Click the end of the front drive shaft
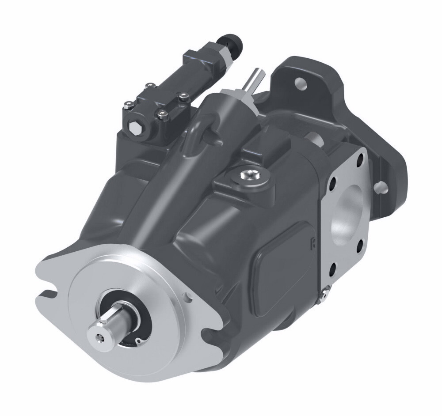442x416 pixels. pos(100,337)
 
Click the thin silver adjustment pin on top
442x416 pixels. pos(255,80)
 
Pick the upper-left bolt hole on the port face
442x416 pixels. pos(332,182)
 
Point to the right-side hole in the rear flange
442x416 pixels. pos(380,187)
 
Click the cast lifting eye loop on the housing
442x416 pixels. pos(201,132)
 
